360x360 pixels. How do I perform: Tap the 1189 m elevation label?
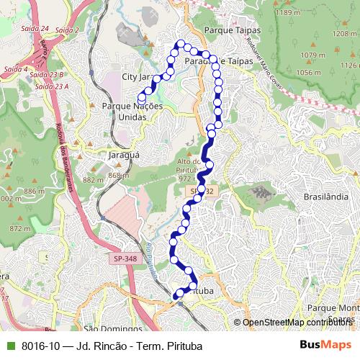point(287,13)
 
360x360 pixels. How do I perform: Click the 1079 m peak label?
point(313,55)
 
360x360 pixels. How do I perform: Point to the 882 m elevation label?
point(94,180)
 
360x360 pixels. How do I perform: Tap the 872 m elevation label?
point(20,228)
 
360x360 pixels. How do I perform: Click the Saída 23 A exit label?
point(52,86)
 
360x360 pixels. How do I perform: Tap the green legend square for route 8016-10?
point(9,346)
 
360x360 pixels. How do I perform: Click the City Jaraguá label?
point(137,76)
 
